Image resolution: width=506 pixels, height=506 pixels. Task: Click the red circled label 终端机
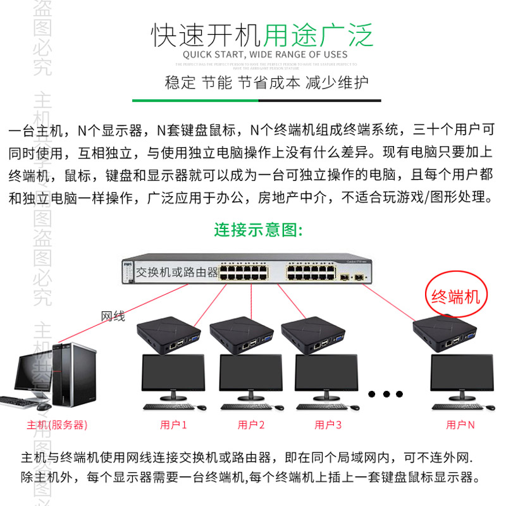tap(455, 295)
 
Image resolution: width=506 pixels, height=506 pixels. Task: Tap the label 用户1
tap(173, 424)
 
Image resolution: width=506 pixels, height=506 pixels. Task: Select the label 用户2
tap(251, 424)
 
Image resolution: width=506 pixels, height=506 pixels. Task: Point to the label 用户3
tap(328, 424)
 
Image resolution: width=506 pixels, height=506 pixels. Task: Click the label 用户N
tap(460, 424)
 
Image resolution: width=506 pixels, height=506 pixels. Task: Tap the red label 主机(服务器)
tap(57, 424)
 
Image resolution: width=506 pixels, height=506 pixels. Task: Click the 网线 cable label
tap(113, 316)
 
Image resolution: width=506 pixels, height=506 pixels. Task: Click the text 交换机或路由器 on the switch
tap(177, 272)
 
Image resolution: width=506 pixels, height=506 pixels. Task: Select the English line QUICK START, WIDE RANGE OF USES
tap(265, 54)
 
